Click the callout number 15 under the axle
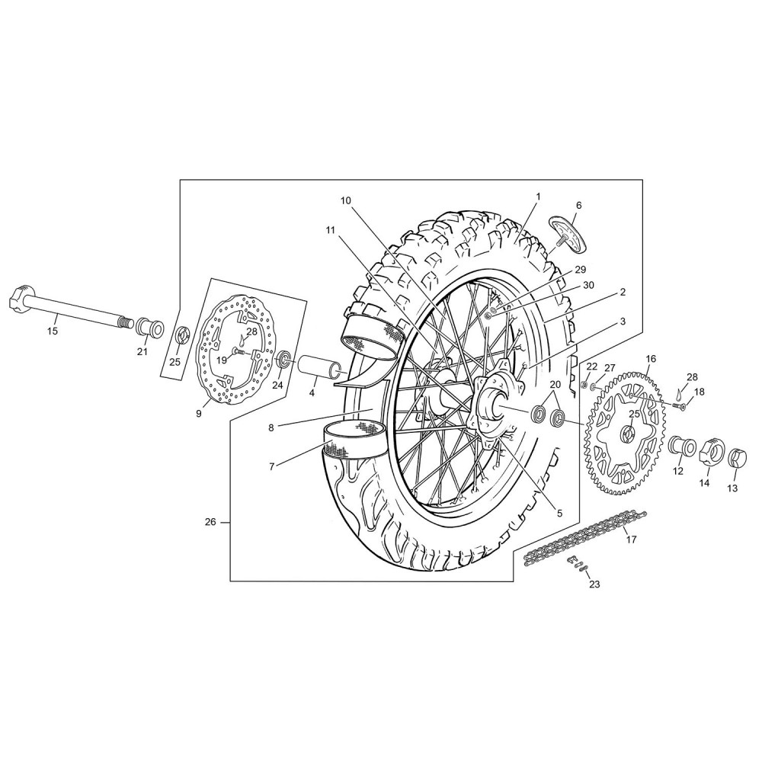pos(52,331)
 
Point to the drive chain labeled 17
pos(585,536)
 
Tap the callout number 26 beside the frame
pos(210,523)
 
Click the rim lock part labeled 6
pos(569,235)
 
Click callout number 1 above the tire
pos(538,197)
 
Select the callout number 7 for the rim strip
pos(272,466)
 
